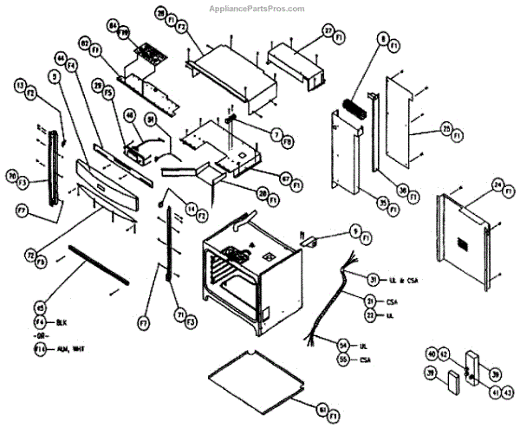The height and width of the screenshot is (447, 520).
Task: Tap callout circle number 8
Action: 383,38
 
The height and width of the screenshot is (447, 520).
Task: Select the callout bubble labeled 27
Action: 329,30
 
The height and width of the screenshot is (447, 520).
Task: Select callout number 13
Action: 19,84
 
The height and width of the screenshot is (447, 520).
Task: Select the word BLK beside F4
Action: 61,321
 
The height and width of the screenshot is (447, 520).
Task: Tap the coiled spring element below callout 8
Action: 356,110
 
